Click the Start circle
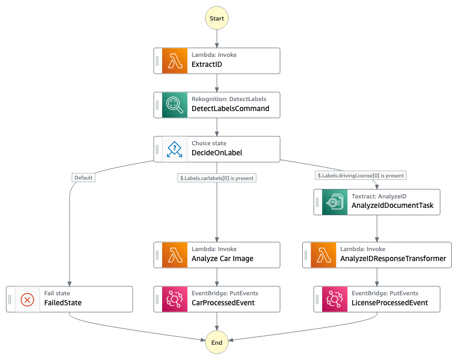click(217, 18)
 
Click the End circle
click(217, 342)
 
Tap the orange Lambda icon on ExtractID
click(175, 61)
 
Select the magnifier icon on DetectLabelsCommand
click(175, 105)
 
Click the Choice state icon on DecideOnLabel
click(175, 149)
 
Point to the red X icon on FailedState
click(27, 299)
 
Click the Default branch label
click(83, 178)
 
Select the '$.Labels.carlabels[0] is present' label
click(217, 178)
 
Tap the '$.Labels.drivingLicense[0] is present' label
click(361, 175)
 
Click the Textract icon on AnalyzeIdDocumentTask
click(335, 202)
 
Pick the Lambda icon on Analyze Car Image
click(175, 255)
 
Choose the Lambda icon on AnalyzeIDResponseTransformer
click(324, 255)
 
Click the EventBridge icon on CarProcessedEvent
click(175, 299)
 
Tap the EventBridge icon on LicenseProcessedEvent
click(335, 299)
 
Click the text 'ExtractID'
click(206, 65)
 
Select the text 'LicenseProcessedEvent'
click(390, 303)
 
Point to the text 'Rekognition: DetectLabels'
click(229, 99)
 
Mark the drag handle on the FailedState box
click(10, 299)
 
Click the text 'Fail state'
click(57, 293)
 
